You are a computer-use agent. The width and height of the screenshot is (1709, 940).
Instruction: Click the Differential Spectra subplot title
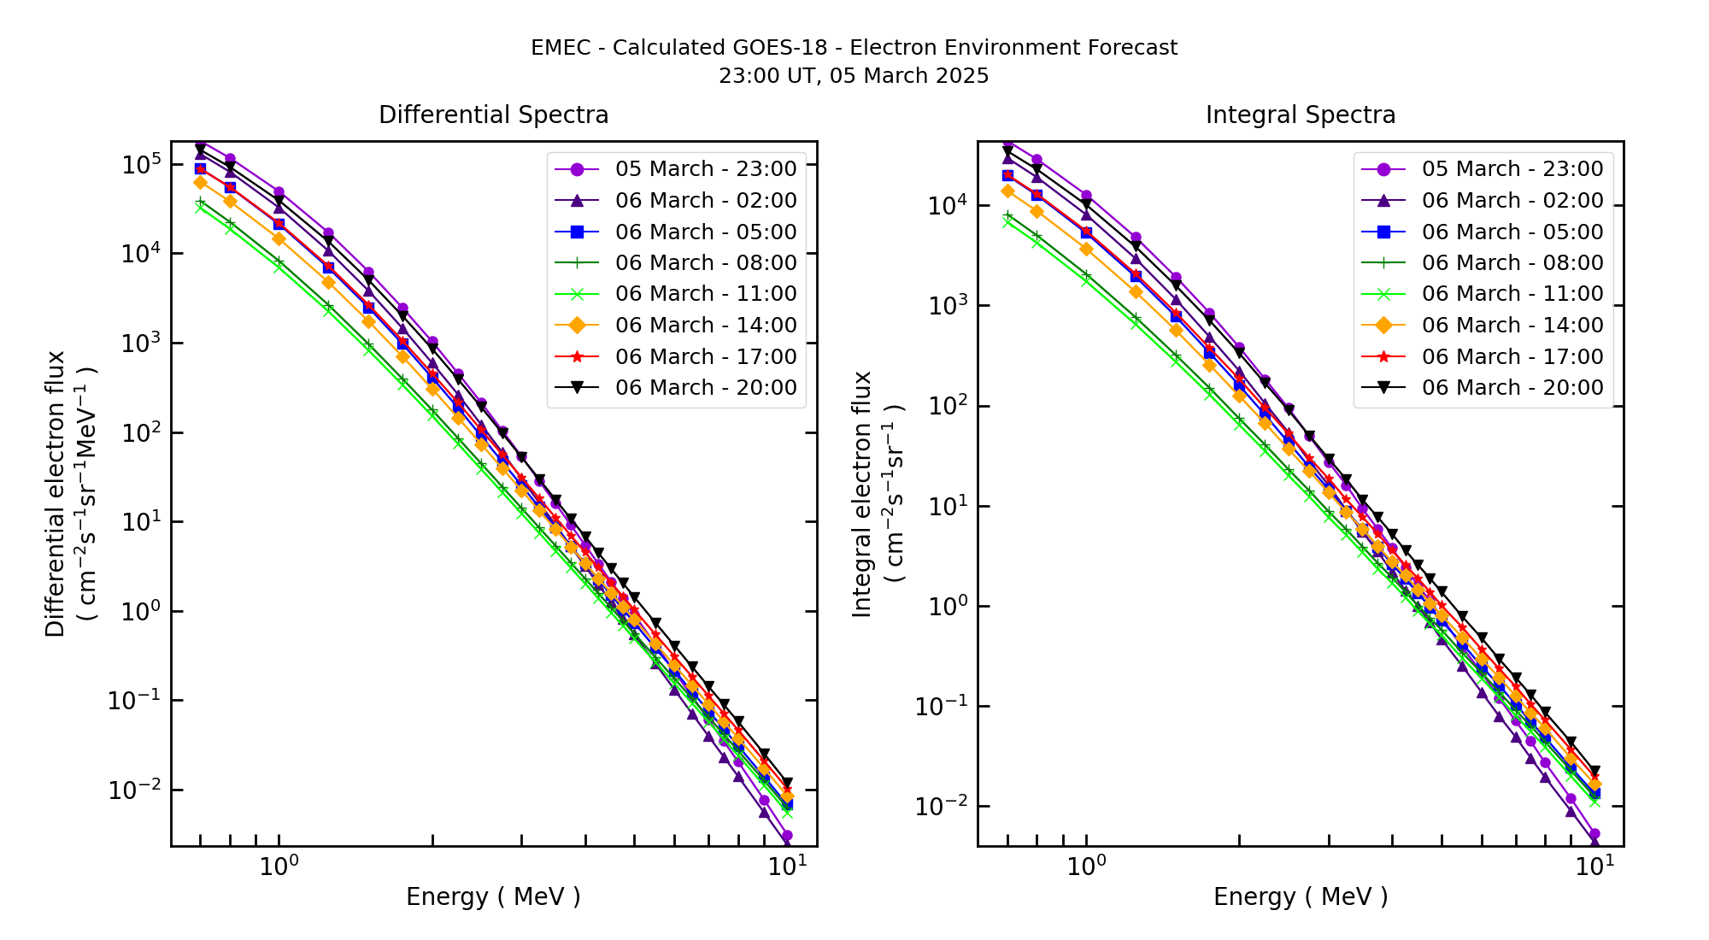pyautogui.click(x=493, y=115)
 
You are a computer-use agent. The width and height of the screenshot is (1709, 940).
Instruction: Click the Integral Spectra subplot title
pyautogui.click(x=1300, y=115)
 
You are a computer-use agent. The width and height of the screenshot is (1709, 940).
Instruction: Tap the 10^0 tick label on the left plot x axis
pyautogui.click(x=279, y=867)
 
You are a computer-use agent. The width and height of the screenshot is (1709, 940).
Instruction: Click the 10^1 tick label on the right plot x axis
pyautogui.click(x=1594, y=867)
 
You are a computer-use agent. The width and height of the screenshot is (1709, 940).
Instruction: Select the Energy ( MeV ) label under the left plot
pyautogui.click(x=493, y=896)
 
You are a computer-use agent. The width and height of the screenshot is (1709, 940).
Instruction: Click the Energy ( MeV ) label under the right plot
pyautogui.click(x=1300, y=896)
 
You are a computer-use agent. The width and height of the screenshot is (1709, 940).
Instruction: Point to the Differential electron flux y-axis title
pyautogui.click(x=56, y=493)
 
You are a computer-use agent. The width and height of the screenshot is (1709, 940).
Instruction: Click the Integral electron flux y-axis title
pyautogui.click(x=863, y=493)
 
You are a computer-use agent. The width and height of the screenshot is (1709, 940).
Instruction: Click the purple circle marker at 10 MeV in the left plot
pyautogui.click(x=787, y=836)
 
